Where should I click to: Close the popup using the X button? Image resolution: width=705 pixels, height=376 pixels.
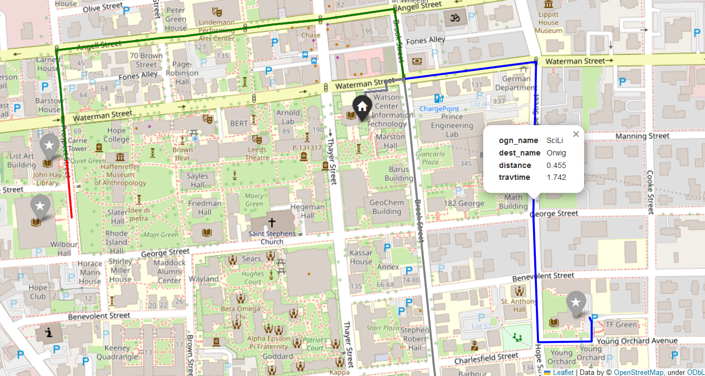(576, 134)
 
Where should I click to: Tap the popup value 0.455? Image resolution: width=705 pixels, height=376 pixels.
(556, 165)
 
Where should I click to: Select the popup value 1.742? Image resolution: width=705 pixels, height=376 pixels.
(556, 177)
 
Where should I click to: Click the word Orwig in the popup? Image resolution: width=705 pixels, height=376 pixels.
(556, 153)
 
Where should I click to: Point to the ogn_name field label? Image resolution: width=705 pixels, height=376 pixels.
(518, 140)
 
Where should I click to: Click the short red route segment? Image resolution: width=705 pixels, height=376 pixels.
(69, 190)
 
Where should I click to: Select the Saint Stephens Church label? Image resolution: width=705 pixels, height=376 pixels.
(272, 238)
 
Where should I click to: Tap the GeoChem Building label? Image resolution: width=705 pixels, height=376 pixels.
(387, 206)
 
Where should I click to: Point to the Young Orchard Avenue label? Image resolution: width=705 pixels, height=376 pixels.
(637, 341)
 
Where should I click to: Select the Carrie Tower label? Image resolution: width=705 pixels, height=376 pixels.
(78, 145)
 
